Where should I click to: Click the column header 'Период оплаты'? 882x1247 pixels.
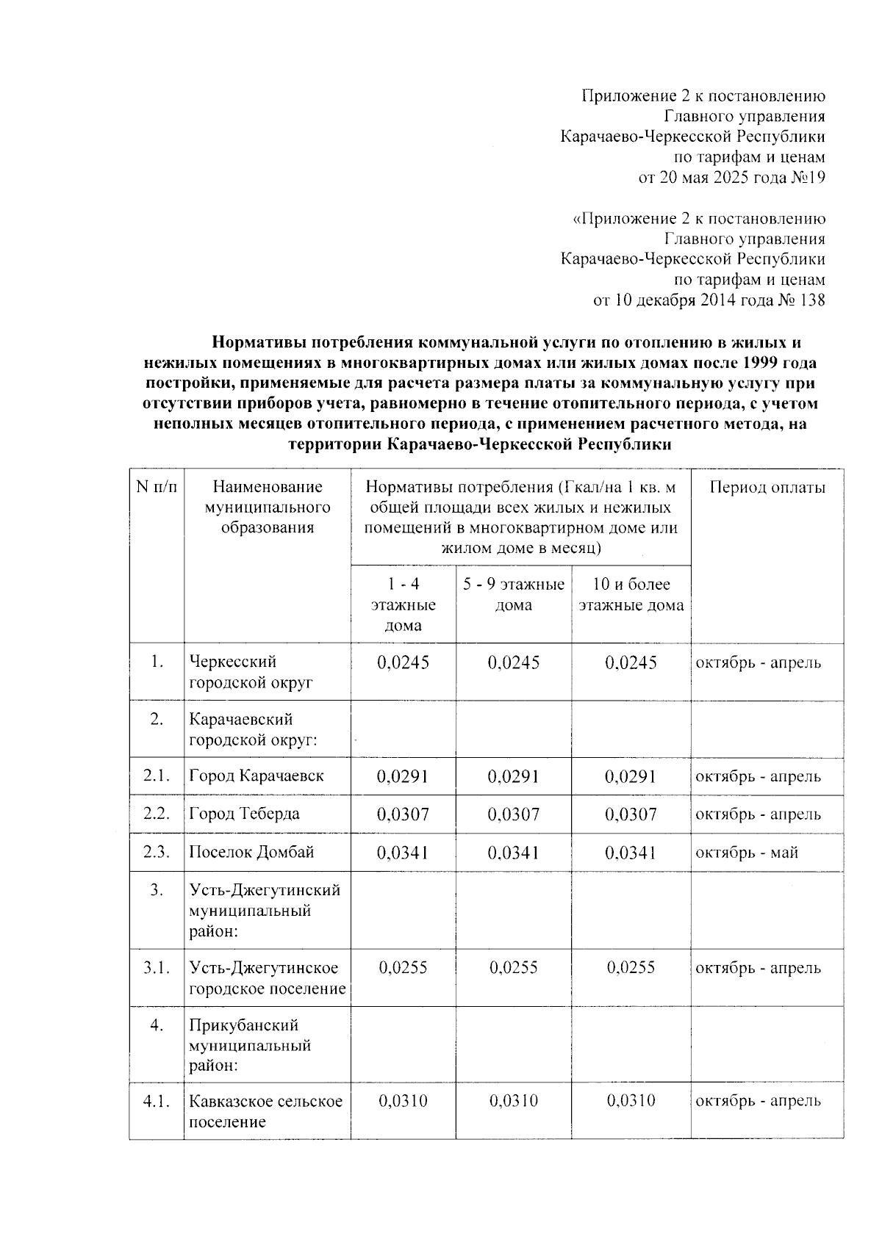tap(767, 488)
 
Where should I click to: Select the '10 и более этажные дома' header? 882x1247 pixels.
tap(631, 595)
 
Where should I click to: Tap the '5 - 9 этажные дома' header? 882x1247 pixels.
tap(513, 595)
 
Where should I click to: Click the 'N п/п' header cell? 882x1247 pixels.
tap(157, 487)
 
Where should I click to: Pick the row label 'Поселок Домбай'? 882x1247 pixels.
tap(251, 852)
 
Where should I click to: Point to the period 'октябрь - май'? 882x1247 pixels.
tap(747, 852)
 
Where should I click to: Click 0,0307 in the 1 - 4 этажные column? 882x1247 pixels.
tap(403, 814)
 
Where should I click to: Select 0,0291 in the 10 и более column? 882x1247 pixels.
tap(631, 776)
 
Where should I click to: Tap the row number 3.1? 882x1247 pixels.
tap(157, 967)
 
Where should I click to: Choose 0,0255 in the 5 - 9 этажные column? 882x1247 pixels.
tap(513, 967)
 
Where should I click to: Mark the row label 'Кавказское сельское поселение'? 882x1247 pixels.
tap(265, 1111)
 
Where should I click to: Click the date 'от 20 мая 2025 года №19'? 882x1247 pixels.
tap(731, 177)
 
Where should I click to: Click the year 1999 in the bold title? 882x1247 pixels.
tap(760, 363)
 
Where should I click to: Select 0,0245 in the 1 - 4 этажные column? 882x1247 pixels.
tap(403, 662)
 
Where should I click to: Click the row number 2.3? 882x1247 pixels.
tap(157, 852)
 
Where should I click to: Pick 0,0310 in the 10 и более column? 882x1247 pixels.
tap(631, 1101)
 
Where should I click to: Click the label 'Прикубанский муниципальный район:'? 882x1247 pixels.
tap(250, 1045)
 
